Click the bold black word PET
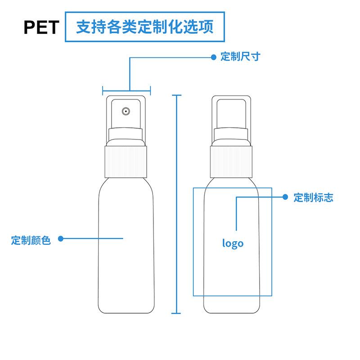pyautogui.click(x=41, y=27)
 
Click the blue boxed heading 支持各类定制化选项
pyautogui.click(x=144, y=27)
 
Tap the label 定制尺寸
pyautogui.click(x=240, y=57)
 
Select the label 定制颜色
pyautogui.click(x=31, y=240)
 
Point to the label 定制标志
pyautogui.click(x=313, y=198)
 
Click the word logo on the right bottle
pyautogui.click(x=233, y=243)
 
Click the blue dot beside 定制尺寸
pyautogui.click(x=214, y=57)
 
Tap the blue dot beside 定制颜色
pyautogui.click(x=61, y=238)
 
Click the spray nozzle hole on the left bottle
pyautogui.click(x=126, y=110)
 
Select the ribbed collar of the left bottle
pyautogui.click(x=126, y=160)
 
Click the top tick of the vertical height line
pyautogui.click(x=176, y=95)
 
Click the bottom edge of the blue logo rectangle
pyautogui.click(x=233, y=296)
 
